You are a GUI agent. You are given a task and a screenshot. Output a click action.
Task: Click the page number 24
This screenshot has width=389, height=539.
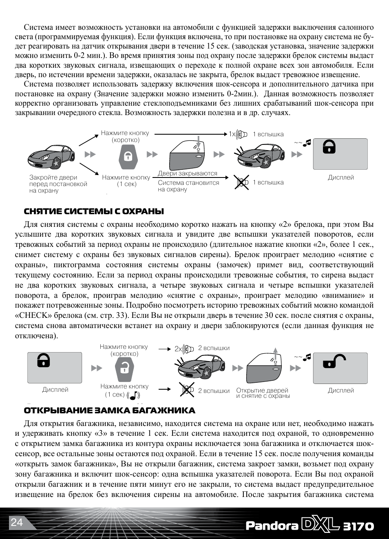(17, 522)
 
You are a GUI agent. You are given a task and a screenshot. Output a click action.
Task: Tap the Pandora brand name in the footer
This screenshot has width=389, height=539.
(272, 526)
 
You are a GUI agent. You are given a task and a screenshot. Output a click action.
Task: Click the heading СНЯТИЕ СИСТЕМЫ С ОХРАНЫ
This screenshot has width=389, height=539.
(94, 211)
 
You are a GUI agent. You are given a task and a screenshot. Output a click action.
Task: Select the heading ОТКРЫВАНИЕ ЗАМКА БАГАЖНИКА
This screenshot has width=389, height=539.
(109, 410)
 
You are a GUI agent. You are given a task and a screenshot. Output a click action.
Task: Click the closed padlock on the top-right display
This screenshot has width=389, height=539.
(329, 146)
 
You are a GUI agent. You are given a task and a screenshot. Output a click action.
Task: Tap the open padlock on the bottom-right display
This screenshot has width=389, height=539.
(334, 361)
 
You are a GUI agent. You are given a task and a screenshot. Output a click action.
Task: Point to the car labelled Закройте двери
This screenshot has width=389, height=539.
(51, 157)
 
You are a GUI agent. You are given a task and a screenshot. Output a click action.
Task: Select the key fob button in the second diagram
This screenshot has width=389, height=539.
(124, 368)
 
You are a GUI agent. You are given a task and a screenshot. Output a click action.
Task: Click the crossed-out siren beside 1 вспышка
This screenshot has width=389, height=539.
(242, 182)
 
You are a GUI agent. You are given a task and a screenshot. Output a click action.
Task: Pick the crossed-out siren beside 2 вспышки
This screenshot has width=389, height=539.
(187, 390)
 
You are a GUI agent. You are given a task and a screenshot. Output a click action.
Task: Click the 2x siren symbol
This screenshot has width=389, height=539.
(184, 349)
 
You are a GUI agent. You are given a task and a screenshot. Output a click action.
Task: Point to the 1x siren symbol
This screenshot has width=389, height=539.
(239, 134)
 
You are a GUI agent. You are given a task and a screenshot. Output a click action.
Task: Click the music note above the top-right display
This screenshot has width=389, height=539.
(307, 142)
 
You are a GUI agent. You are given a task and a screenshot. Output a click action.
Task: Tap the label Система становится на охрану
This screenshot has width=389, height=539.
(188, 186)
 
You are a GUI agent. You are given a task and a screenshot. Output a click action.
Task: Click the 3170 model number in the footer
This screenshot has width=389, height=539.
(358, 526)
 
